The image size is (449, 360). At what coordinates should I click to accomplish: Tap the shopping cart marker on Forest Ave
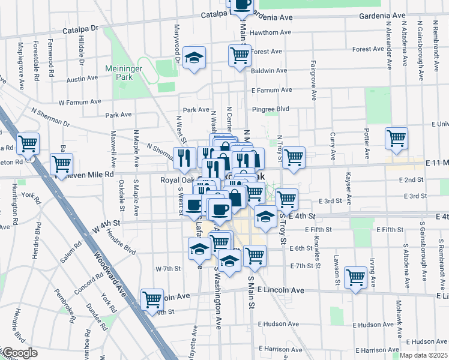click(240, 55)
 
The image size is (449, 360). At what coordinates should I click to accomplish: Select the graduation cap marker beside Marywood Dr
click(194, 58)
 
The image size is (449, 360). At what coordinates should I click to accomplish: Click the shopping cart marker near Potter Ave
click(397, 137)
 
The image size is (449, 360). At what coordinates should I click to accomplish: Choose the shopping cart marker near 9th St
click(152, 299)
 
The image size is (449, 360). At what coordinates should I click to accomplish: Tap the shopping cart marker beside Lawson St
click(356, 277)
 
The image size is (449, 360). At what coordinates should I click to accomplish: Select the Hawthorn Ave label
click(271, 32)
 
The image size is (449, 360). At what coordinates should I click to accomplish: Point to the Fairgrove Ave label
click(313, 79)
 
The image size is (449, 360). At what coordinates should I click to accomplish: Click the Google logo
click(19, 353)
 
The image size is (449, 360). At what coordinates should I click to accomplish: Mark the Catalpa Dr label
click(82, 28)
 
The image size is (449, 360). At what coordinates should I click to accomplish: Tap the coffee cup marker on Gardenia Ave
click(242, 4)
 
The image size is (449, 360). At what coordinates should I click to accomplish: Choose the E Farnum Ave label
click(271, 90)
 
